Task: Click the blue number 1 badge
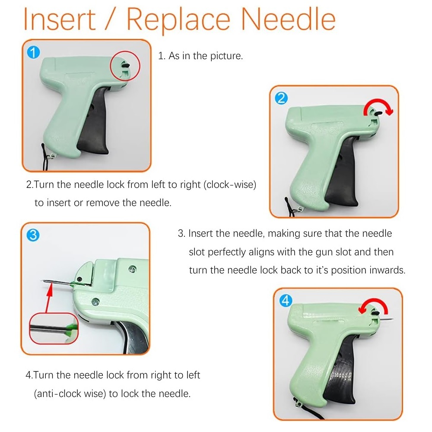pos(33,52)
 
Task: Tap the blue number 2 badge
pos(281,98)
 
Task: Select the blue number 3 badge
pos(33,235)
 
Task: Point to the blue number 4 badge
pos(286,300)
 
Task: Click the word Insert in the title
pos(60,19)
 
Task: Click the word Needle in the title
pos(288,19)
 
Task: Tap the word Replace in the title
pos(178,21)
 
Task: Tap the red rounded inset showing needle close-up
pos(54,328)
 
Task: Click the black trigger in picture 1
pos(94,121)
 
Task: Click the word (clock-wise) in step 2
pos(230,184)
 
